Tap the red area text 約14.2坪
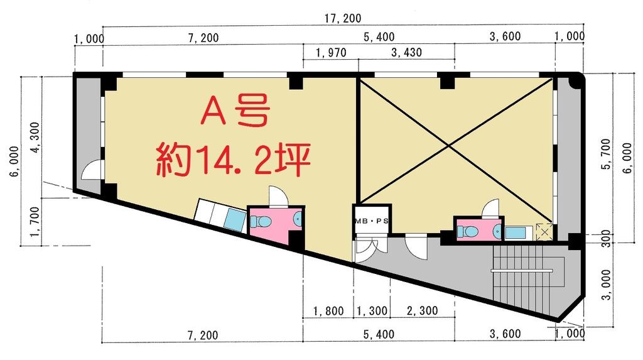tap(233, 160)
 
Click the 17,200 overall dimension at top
tap(343, 18)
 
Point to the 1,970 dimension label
tap(331, 53)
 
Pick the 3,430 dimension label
tap(406, 53)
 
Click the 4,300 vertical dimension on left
tap(35, 138)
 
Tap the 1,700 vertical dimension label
tap(35, 222)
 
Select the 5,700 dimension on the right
tap(607, 154)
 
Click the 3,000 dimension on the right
tap(607, 285)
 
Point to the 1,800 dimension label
tap(328, 311)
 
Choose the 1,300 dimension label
tap(372, 311)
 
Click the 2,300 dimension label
tap(423, 311)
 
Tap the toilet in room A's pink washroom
tap(261, 222)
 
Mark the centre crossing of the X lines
tap(448, 145)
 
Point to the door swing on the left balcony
tap(92, 170)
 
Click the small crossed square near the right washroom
tap(544, 232)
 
